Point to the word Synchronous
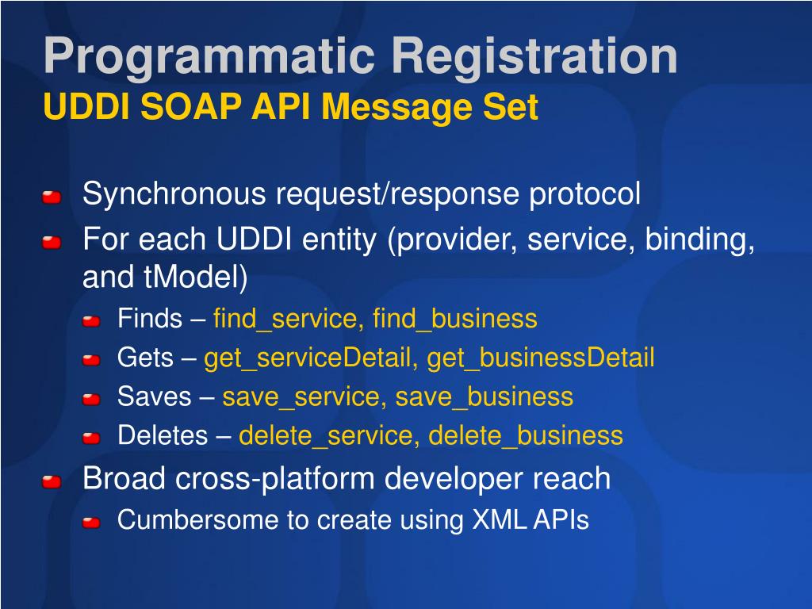tap(174, 193)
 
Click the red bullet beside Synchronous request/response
tap(52, 197)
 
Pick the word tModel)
tap(196, 277)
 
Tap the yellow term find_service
tap(285, 319)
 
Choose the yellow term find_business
tap(454, 319)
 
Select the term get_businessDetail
tap(541, 358)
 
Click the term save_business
tap(485, 397)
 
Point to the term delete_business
tap(526, 435)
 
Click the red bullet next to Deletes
tap(91, 439)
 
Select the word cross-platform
tap(275, 479)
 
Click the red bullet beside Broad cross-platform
tap(52, 482)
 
